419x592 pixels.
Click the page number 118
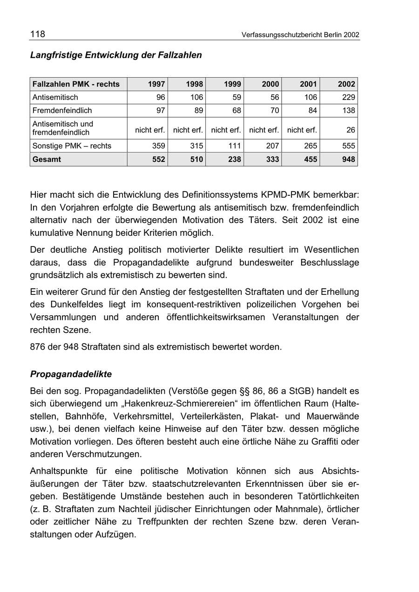coord(38,34)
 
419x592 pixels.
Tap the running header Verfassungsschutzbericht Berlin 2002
coord(300,35)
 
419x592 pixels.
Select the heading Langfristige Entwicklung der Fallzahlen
coord(116,55)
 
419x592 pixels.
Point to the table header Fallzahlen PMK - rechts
coord(76,84)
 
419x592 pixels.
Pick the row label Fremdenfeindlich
coord(62,111)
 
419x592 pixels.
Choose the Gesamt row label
coord(47,159)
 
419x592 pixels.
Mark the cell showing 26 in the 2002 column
coord(350,130)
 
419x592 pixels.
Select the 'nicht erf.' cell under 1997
coord(150,130)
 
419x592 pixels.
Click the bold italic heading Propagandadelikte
coord(71,374)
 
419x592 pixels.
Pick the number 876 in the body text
coord(38,346)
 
